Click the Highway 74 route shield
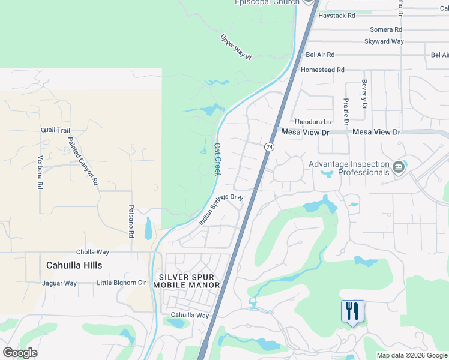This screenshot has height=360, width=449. point(269,146)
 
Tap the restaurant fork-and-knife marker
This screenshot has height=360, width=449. point(352,311)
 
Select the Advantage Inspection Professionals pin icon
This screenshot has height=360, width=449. point(398,167)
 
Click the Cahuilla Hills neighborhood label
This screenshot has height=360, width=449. point(74,265)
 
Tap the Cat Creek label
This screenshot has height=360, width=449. point(218,159)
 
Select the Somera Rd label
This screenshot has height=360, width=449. point(385,29)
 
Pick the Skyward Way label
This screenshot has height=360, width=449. point(384,41)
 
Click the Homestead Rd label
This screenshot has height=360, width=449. point(322,70)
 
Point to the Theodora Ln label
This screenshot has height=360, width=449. point(312,122)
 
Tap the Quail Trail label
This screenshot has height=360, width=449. point(56,130)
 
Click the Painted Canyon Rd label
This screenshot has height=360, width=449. point(82,161)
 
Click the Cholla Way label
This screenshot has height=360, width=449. point(92,252)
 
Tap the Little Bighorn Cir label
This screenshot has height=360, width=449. point(122,283)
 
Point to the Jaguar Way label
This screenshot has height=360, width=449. point(59,283)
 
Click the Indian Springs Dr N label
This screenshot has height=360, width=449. point(221,209)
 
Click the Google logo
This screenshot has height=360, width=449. point(20,353)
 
